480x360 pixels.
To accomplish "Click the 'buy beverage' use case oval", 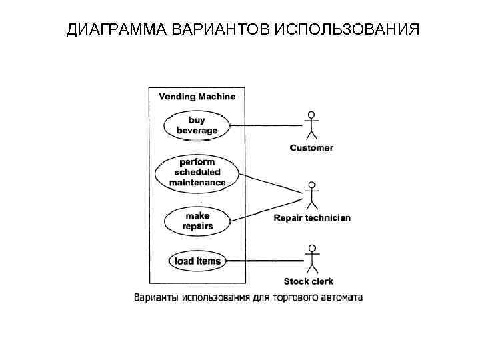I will click(197, 125).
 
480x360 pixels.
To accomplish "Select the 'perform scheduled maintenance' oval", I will click(197, 172).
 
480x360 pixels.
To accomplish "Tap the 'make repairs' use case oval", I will click(197, 221).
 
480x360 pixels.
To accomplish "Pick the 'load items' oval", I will click(197, 261).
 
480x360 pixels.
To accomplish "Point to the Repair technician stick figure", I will click(311, 195).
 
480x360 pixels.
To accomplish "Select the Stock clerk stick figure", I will click(311, 259).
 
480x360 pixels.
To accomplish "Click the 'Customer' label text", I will click(311, 147).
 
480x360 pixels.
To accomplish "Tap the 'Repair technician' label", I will click(312, 218).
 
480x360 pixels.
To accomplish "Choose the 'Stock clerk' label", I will click(309, 282).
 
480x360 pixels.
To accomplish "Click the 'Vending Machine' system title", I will click(197, 96).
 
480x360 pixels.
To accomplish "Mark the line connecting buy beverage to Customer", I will click(263, 125).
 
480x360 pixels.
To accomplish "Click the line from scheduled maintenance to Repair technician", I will click(270, 183).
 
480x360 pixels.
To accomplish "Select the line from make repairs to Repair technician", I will click(267, 209).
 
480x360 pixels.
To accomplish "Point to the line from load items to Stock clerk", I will click(263, 261).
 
